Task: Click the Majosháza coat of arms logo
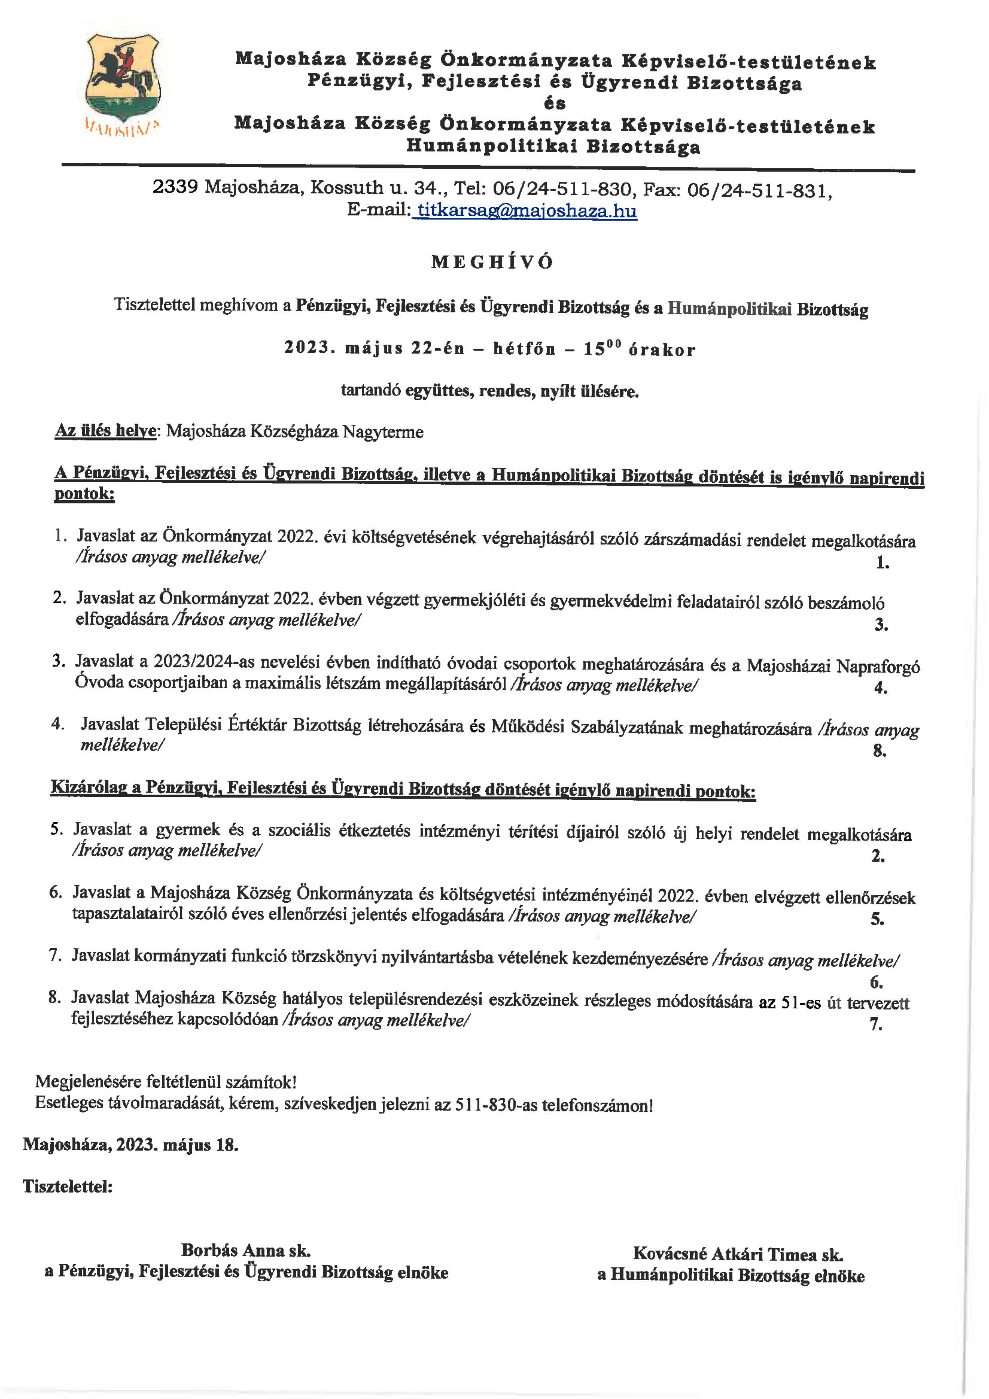[x=122, y=79]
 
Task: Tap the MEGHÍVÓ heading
[x=492, y=262]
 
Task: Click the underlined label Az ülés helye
[x=106, y=431]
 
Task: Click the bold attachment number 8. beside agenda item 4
[x=879, y=751]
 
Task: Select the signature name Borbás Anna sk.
[x=246, y=1250]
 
